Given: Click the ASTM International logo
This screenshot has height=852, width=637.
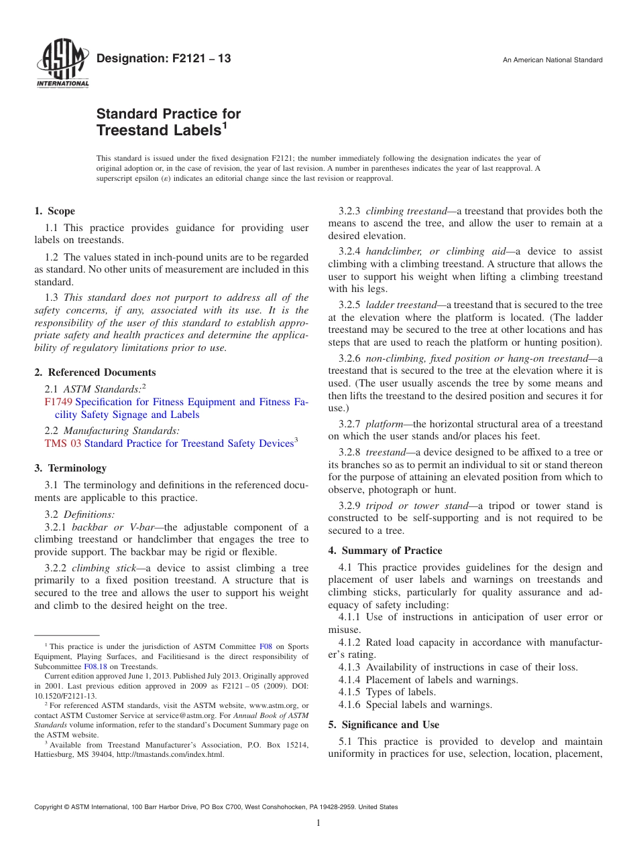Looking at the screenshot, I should (x=62, y=64).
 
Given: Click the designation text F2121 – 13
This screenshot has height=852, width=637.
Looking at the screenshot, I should (x=164, y=59).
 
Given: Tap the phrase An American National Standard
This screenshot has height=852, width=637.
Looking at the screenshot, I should (x=553, y=60).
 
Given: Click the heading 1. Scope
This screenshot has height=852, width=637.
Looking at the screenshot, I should (x=55, y=211).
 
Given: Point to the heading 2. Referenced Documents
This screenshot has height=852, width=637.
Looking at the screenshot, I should (x=95, y=372).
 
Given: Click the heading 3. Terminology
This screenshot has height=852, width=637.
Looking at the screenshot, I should (x=70, y=468).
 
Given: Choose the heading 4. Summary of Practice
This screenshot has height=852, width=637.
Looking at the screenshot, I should (x=385, y=551).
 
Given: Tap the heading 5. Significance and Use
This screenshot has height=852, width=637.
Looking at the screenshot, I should (x=384, y=725).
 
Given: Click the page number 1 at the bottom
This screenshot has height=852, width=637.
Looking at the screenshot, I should (x=318, y=823).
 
